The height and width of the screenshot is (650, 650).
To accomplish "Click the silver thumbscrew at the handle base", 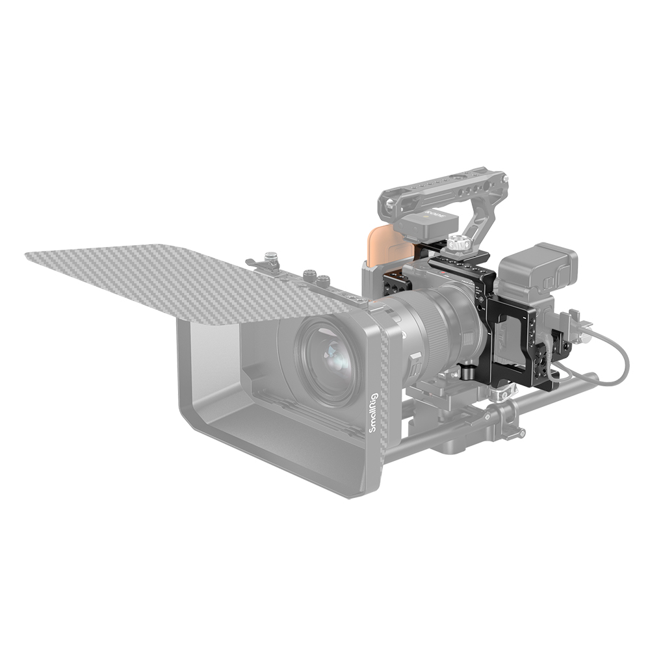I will pos(458,243).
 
